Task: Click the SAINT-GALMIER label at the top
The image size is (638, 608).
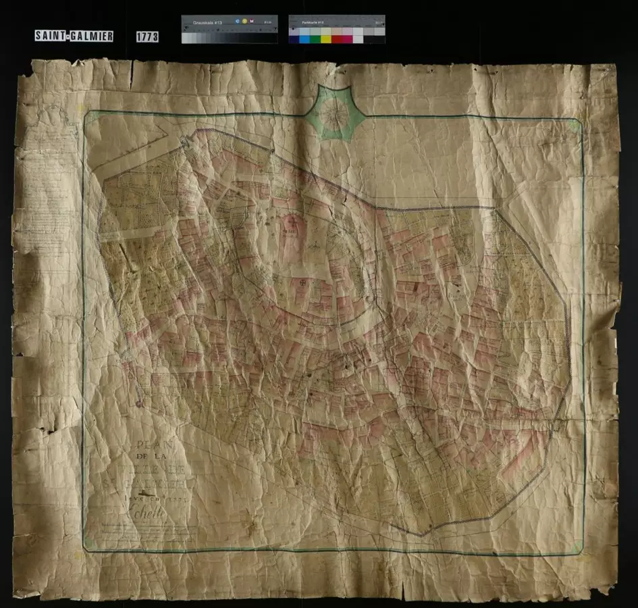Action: coord(74,36)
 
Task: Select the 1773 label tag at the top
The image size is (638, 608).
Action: coord(147,36)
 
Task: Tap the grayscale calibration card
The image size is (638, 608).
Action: coord(229,30)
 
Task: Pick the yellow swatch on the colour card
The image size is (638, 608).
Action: coord(326,39)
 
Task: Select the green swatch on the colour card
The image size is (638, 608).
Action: coord(315,39)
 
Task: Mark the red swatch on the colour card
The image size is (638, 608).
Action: coord(337,39)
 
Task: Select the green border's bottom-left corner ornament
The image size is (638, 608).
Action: coord(88,541)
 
